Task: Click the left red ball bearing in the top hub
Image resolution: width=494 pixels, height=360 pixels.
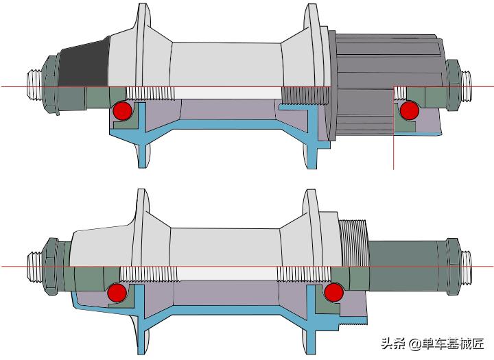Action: (x=123, y=110)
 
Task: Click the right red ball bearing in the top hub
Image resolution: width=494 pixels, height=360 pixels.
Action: (x=410, y=110)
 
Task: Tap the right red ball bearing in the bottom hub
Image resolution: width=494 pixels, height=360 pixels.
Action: (x=334, y=292)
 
